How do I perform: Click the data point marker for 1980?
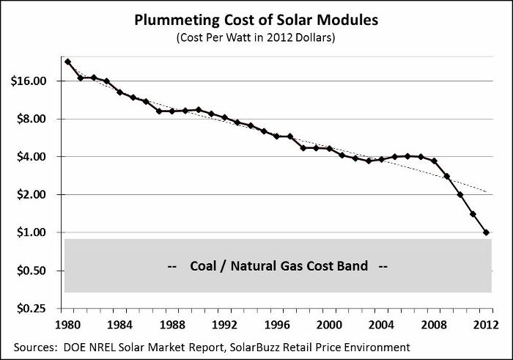(67, 62)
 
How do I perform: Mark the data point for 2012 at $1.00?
(486, 232)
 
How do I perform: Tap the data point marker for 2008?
(434, 161)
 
